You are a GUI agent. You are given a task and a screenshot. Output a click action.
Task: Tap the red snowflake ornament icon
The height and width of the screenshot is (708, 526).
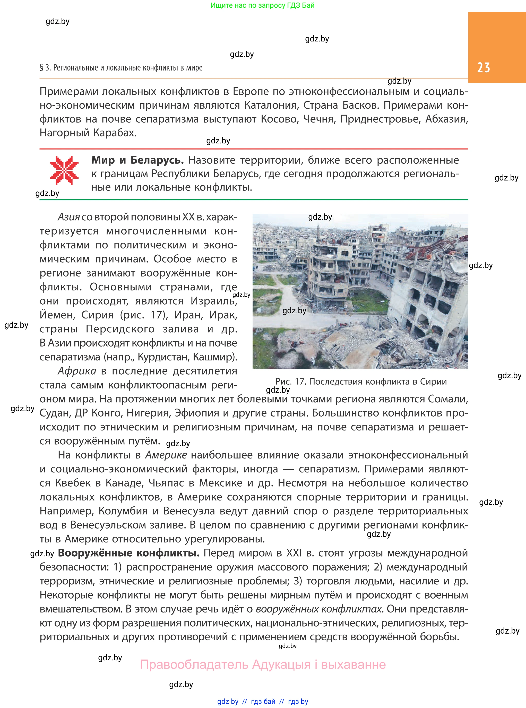64,170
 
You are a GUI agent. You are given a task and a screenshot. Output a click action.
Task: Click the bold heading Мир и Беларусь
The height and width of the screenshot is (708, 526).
137,160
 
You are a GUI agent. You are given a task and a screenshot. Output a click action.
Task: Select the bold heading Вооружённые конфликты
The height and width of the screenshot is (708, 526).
129,553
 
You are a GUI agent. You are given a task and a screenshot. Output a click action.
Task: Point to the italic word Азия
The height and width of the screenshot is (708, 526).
68,217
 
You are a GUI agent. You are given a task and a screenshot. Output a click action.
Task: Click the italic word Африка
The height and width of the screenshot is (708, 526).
77,371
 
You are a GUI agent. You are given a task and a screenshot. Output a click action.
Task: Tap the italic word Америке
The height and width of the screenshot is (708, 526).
166,455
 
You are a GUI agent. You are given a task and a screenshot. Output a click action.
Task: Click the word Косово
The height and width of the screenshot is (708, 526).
280,119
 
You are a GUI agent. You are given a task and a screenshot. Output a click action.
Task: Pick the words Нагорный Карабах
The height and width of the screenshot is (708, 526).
88,133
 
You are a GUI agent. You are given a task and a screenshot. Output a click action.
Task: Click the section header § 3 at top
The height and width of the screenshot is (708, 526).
121,67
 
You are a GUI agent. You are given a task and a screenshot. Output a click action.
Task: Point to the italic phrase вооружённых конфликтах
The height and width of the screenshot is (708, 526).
318,609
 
